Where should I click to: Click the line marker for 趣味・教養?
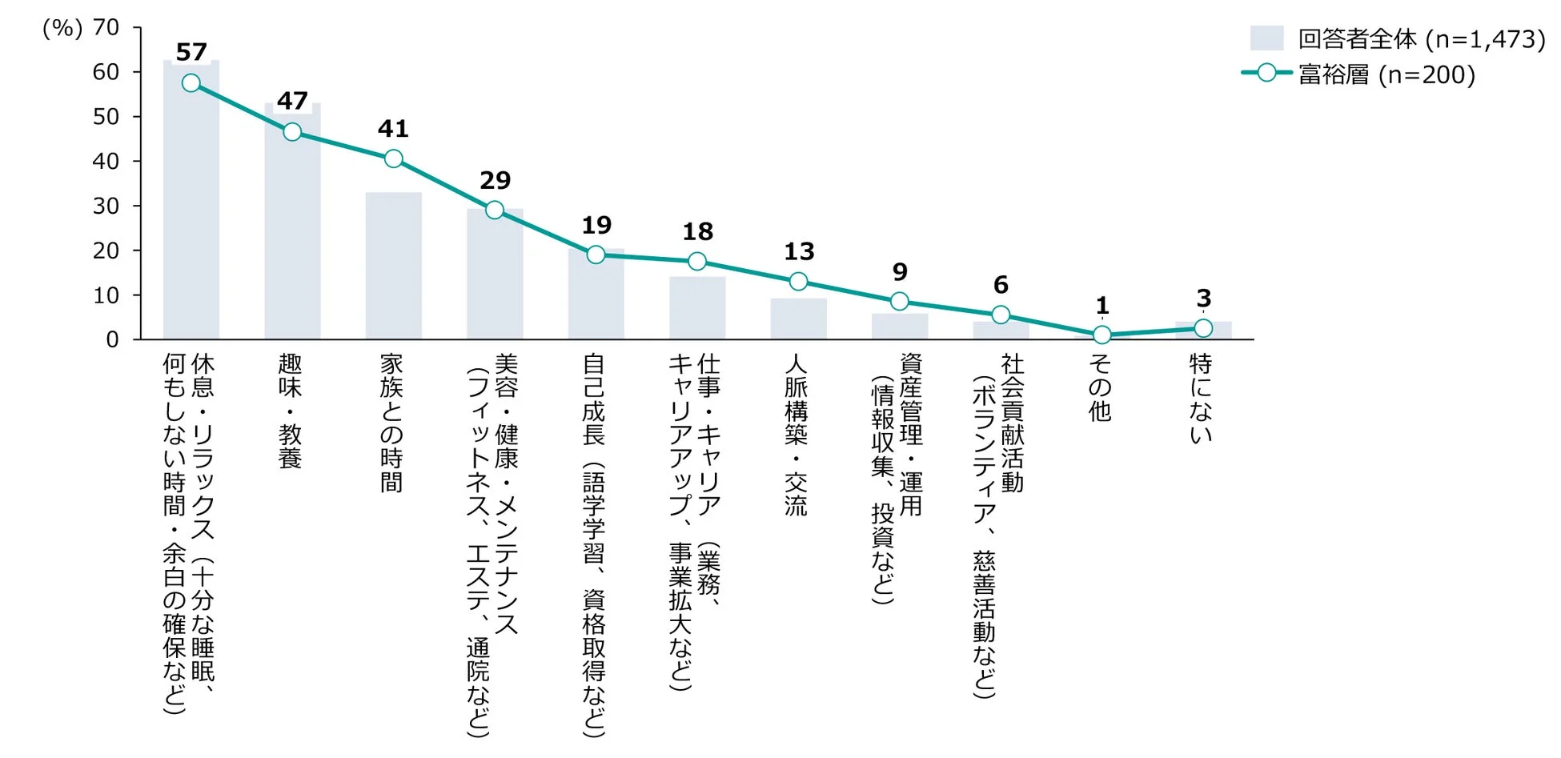292,132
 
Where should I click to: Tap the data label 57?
191,52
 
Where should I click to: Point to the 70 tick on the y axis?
106,28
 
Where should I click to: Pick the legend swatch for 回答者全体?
1266,38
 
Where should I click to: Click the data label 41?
393,128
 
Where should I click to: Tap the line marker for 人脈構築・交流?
798,281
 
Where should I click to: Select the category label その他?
1101,387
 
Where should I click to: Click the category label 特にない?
1201,398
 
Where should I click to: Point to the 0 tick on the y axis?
112,340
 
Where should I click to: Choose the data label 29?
495,180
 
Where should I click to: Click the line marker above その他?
1102,335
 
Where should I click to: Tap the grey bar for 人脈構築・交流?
798,319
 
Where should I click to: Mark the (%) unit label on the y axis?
62,28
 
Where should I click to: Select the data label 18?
697,232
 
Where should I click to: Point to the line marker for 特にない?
1202,328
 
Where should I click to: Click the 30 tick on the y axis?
106,207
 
